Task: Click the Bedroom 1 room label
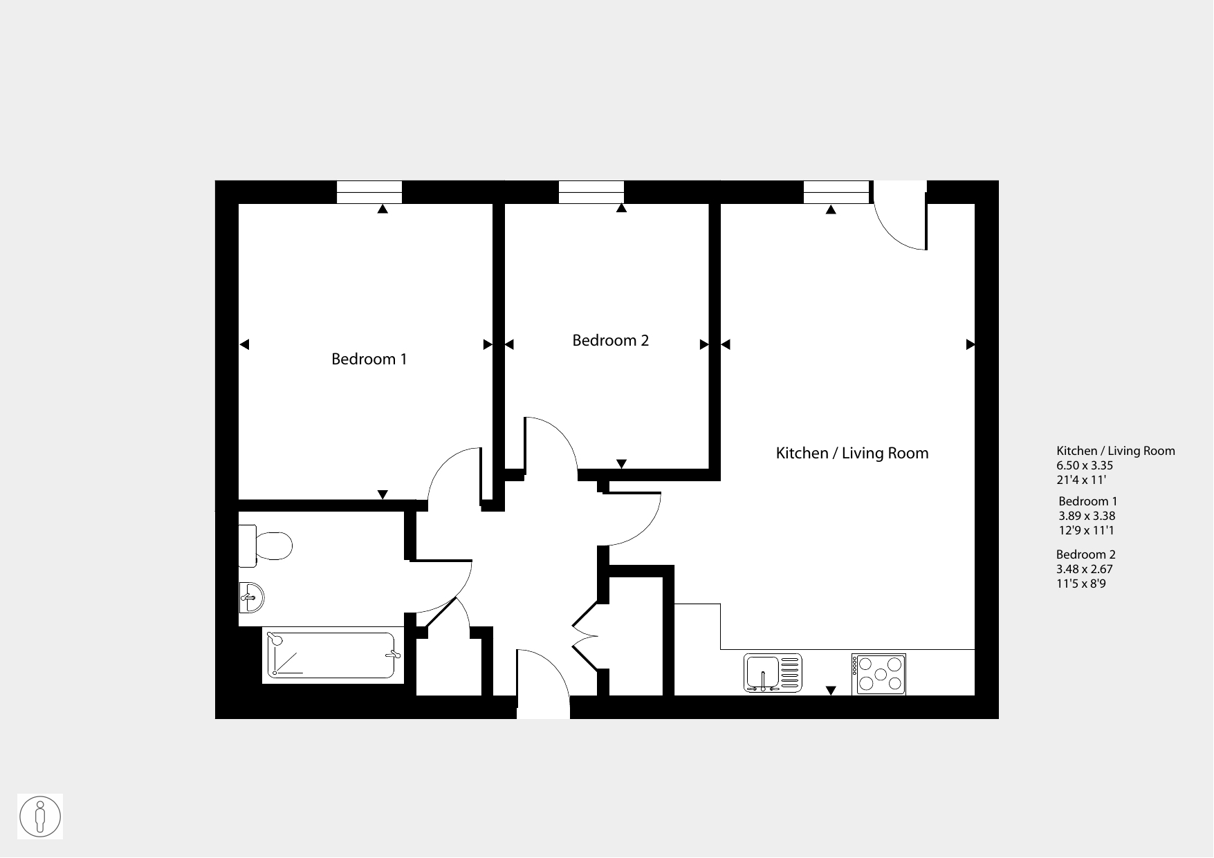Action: (x=369, y=359)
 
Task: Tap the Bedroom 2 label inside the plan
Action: (x=610, y=340)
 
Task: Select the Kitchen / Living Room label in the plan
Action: (x=852, y=453)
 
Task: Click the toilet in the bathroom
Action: (x=266, y=545)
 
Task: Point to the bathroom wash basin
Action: (x=251, y=597)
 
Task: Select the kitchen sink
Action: (x=773, y=673)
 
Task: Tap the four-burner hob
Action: (x=879, y=674)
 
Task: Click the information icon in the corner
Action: (x=40, y=817)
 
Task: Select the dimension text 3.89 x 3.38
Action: (x=1087, y=516)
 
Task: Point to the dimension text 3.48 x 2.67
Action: (x=1084, y=569)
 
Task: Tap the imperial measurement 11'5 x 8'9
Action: (x=1081, y=584)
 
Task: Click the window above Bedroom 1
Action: (x=369, y=192)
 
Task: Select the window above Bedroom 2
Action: (x=591, y=192)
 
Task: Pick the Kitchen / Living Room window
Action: (x=836, y=192)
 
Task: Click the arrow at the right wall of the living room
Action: (x=971, y=344)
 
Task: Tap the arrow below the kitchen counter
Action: (x=831, y=690)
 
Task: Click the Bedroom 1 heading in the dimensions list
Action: (x=1088, y=501)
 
